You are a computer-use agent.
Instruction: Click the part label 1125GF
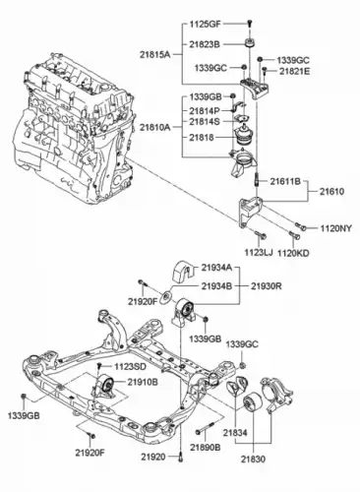point(206,25)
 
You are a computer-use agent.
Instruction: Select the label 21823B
point(205,44)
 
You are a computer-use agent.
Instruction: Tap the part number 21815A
point(155,55)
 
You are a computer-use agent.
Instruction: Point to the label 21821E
point(294,71)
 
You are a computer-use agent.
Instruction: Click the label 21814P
point(205,110)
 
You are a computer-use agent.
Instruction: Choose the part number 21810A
point(155,127)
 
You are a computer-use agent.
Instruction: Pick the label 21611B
point(285,181)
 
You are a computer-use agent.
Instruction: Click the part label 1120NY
point(336,228)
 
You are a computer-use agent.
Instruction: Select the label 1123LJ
point(259,252)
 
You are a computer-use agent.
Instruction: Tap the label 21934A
point(216,268)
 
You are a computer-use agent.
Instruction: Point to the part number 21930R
point(267,286)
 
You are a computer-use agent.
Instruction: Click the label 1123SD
point(130,366)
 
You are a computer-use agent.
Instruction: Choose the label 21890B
point(206,447)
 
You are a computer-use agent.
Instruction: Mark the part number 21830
point(253,460)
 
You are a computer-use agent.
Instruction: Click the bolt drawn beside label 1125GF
point(250,24)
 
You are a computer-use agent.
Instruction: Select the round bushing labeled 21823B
point(251,42)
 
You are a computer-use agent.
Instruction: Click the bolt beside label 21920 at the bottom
point(181,457)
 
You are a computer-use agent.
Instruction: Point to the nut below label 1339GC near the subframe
point(242,365)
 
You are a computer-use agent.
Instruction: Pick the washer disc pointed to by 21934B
point(166,297)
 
